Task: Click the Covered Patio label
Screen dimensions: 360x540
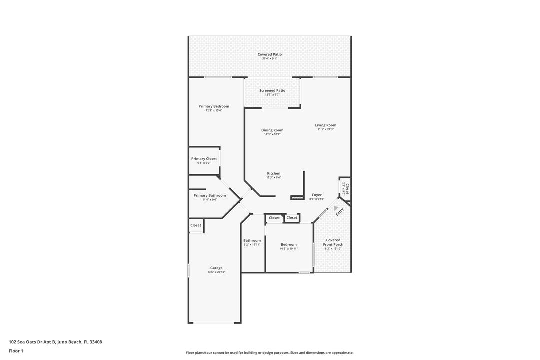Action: pyautogui.click(x=270, y=54)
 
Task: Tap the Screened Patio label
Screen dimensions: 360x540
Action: pyautogui.click(x=272, y=91)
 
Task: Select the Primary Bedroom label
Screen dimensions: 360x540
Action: pyautogui.click(x=214, y=106)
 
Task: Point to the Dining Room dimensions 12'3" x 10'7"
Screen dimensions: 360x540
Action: pyautogui.click(x=272, y=134)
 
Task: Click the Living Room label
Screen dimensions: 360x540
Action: pyautogui.click(x=325, y=125)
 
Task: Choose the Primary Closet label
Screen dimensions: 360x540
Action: pyautogui.click(x=204, y=159)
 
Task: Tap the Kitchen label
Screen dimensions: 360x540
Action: pyautogui.click(x=273, y=173)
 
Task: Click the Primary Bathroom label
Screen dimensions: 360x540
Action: pyautogui.click(x=210, y=195)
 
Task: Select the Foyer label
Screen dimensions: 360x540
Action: pyautogui.click(x=317, y=195)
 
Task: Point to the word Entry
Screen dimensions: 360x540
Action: pyautogui.click(x=340, y=212)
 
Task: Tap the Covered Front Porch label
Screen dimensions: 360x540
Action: pyautogui.click(x=333, y=242)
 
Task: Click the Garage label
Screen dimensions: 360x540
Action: pyautogui.click(x=216, y=268)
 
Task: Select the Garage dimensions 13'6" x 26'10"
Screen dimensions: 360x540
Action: pyautogui.click(x=216, y=272)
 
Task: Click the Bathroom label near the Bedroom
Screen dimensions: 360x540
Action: pyautogui.click(x=252, y=240)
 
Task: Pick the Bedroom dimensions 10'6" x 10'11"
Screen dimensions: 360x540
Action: pyautogui.click(x=289, y=248)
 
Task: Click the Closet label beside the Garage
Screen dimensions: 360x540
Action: pyautogui.click(x=196, y=225)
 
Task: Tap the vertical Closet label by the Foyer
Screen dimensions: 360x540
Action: pyautogui.click(x=347, y=189)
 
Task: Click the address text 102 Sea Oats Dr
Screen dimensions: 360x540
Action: pyautogui.click(x=32, y=342)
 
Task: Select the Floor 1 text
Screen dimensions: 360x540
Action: pyautogui.click(x=16, y=351)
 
